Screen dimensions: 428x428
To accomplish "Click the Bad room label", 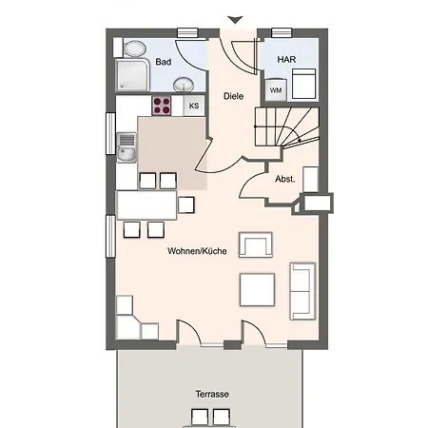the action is click(164, 62).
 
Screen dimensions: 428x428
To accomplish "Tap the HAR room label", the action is click(286, 59).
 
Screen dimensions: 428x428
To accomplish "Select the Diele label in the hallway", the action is click(233, 96).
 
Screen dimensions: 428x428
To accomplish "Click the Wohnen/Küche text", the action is click(197, 251).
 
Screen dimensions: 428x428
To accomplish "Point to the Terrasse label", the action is click(212, 394).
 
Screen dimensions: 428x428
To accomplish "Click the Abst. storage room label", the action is click(285, 179).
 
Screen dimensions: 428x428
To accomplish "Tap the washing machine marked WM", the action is click(276, 90).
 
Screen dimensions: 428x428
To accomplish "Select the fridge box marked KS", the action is click(194, 106).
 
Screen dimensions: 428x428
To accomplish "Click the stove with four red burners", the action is click(162, 106).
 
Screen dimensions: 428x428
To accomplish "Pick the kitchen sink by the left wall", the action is click(126, 147).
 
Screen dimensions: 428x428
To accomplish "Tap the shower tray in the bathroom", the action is click(132, 75).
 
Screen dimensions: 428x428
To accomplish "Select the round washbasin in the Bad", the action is click(184, 85).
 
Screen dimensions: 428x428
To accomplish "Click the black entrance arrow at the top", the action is click(235, 20).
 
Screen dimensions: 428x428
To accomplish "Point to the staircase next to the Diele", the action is click(286, 126).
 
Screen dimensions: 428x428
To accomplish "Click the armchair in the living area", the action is click(256, 244).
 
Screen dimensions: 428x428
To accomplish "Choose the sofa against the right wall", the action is click(302, 291).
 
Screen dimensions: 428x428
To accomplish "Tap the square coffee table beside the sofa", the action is click(257, 290).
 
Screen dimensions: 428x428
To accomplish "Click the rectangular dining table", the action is click(146, 205).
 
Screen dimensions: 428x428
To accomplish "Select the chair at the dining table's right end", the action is click(186, 204).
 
